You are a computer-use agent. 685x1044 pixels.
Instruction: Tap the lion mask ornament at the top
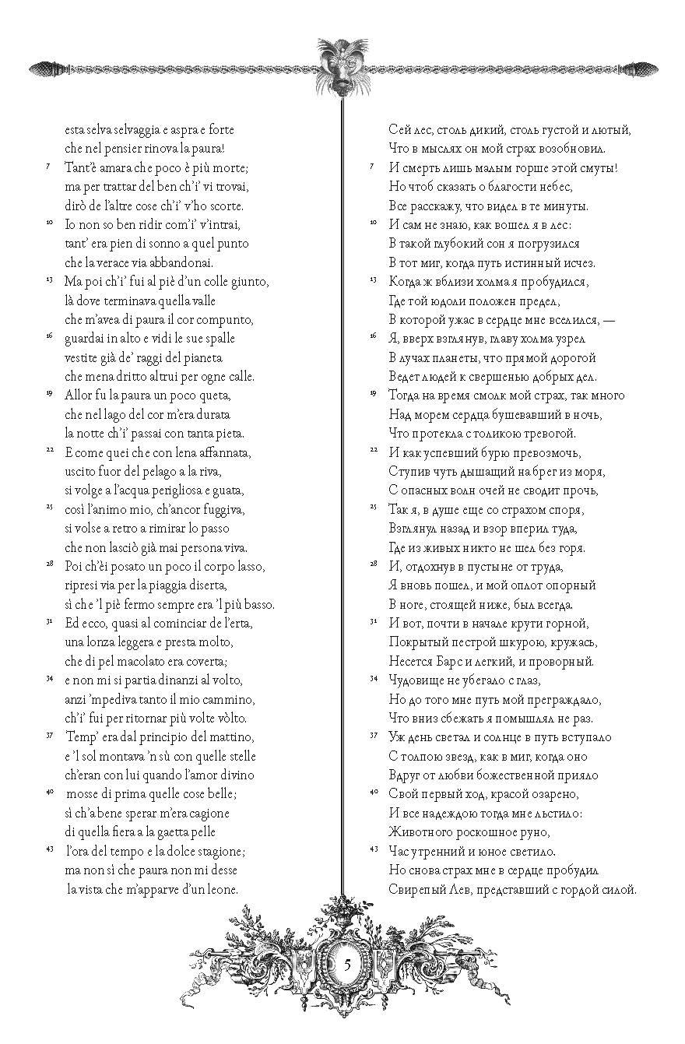click(343, 67)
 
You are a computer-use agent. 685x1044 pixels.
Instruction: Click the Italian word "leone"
click(220, 888)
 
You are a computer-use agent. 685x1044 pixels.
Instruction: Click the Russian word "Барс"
click(463, 662)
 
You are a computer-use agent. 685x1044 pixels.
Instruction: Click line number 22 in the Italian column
click(49, 451)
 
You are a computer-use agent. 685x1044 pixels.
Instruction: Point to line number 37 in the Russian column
click(373, 734)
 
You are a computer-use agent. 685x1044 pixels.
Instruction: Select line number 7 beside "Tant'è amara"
click(50, 166)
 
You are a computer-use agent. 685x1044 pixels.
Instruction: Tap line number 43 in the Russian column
click(373, 848)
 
